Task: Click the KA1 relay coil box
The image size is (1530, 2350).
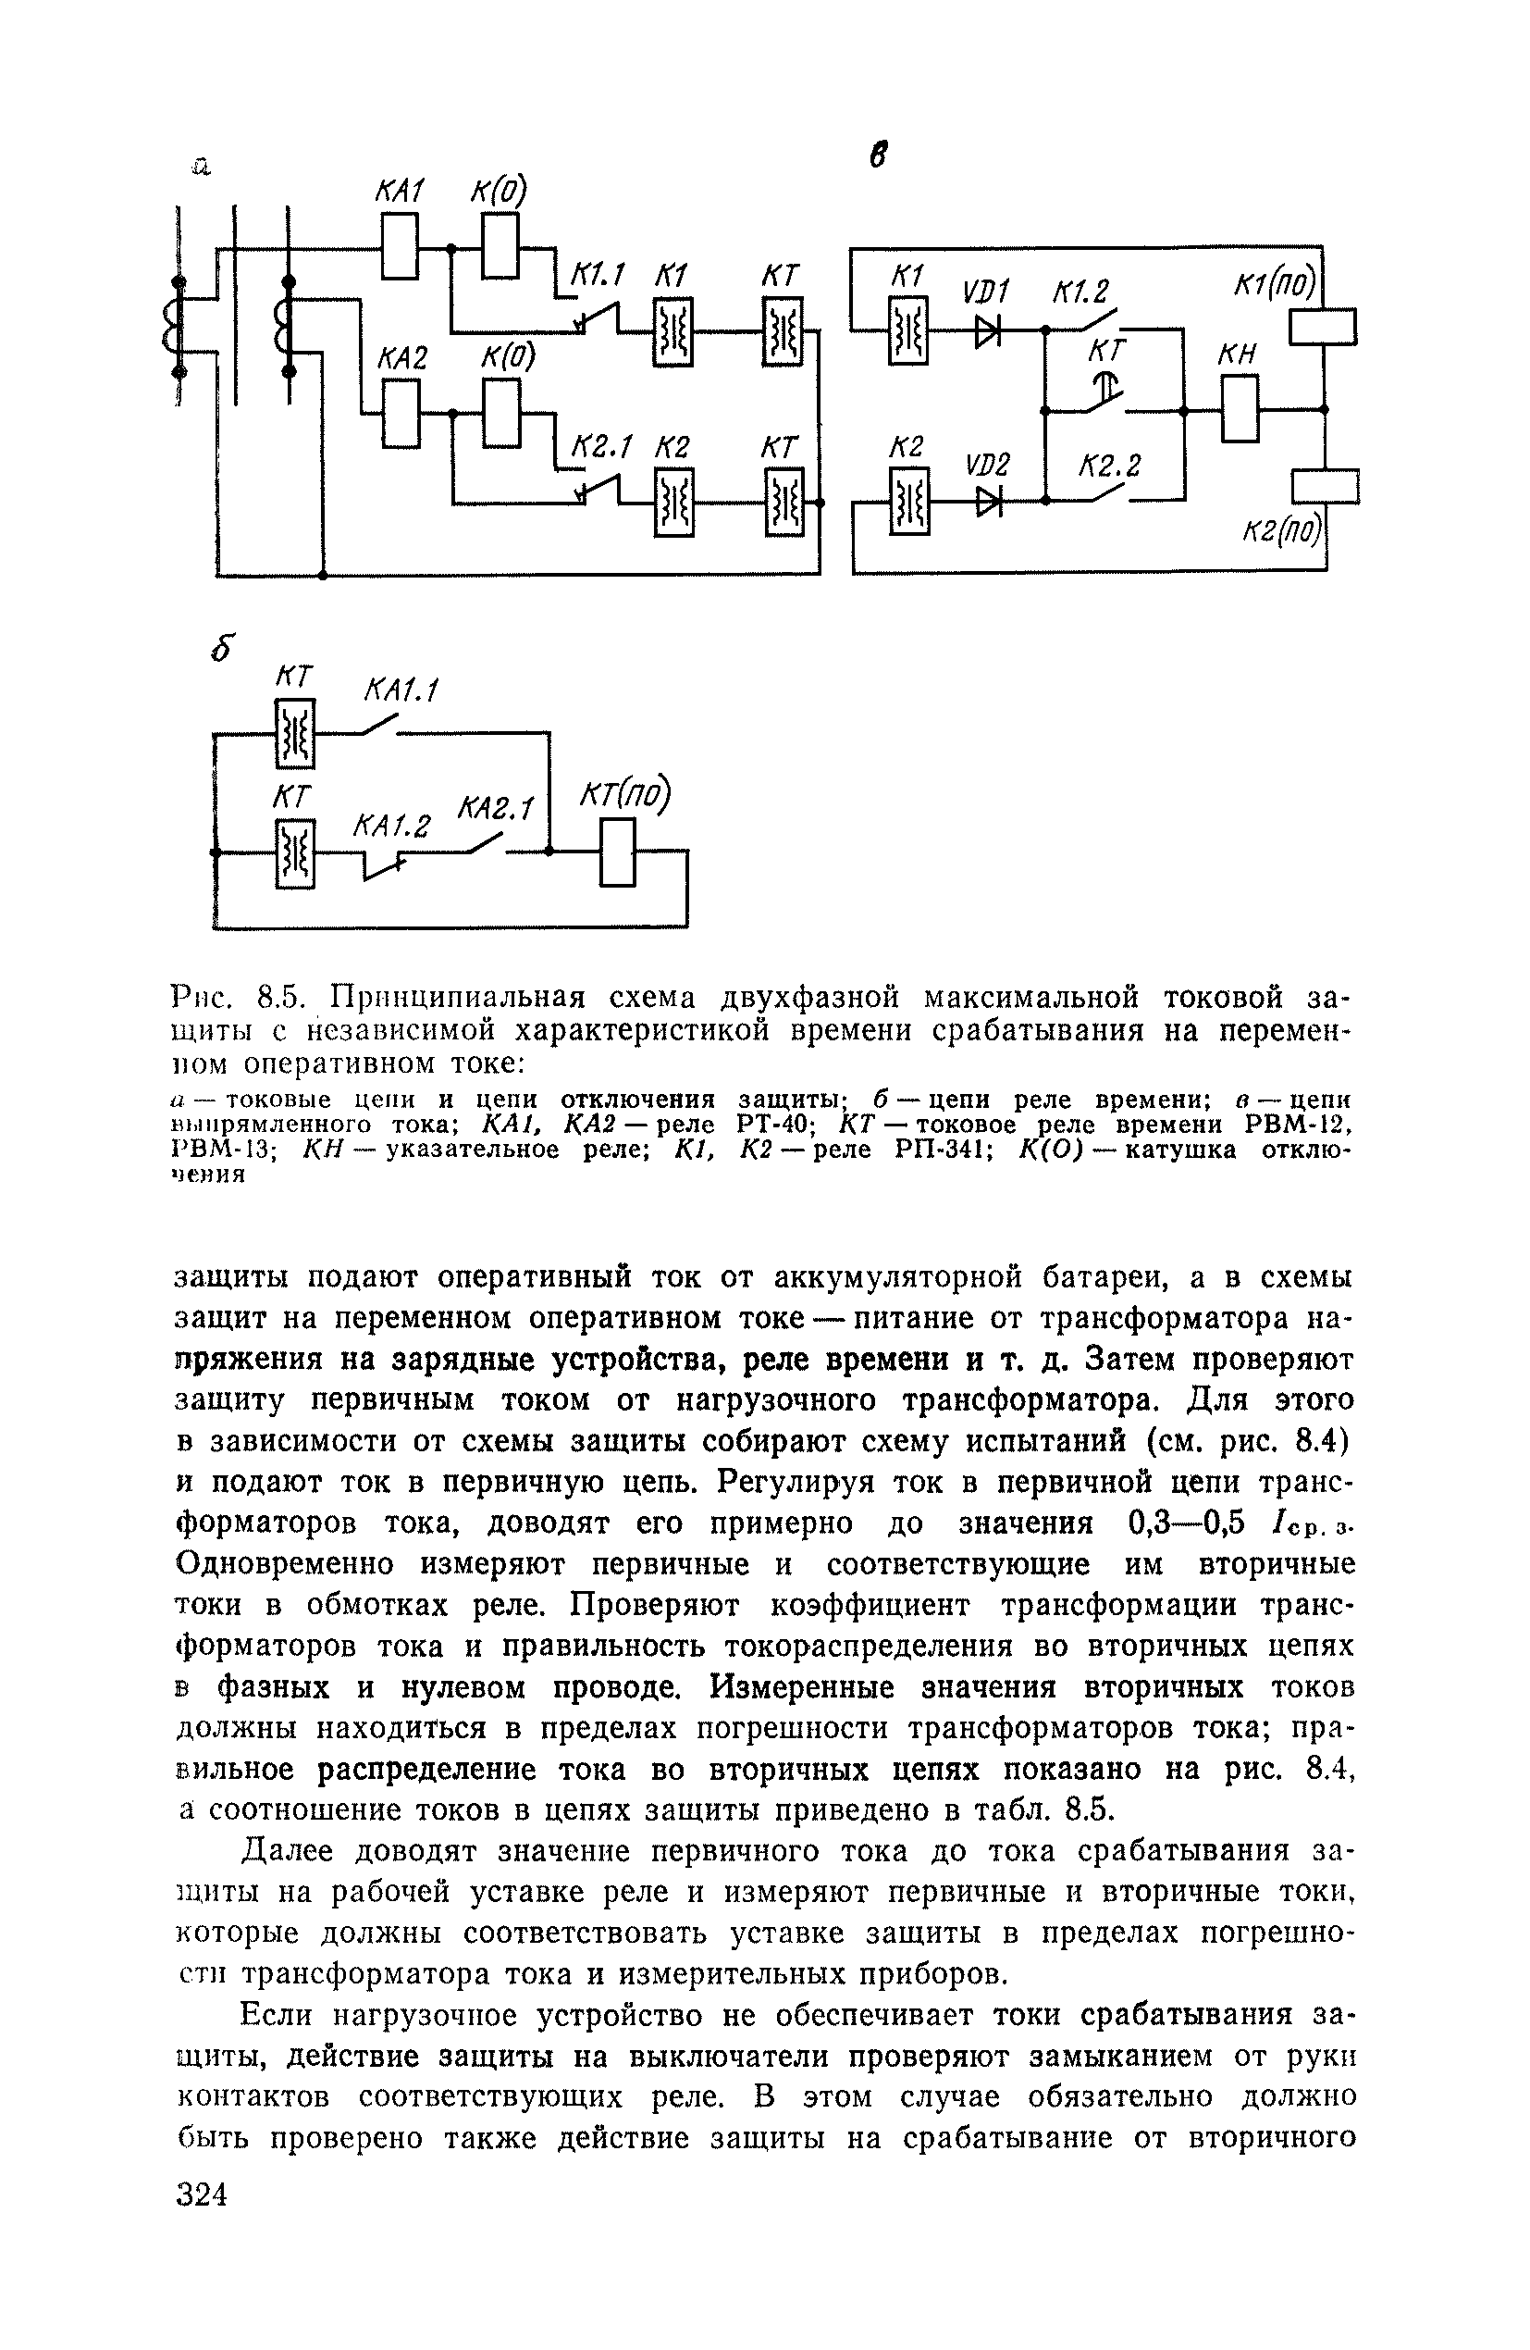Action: tap(400, 247)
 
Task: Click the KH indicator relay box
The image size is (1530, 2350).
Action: tap(1240, 409)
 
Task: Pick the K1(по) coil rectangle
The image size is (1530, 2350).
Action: tap(1323, 327)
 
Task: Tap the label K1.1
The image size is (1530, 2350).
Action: tap(599, 278)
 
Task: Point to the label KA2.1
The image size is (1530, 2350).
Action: tap(495, 810)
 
